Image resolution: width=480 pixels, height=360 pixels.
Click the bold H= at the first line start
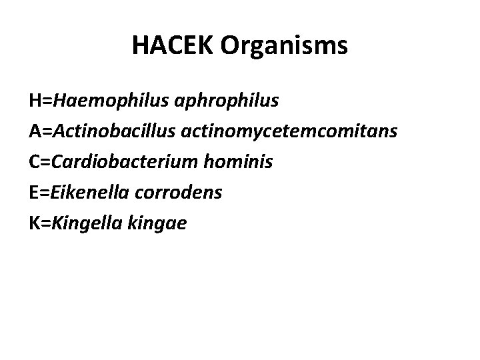click(x=40, y=101)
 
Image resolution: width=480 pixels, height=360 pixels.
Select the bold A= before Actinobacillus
click(x=40, y=131)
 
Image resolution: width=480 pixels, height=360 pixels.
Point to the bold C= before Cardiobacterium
click(x=40, y=162)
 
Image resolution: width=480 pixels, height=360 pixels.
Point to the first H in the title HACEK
click(x=140, y=45)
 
